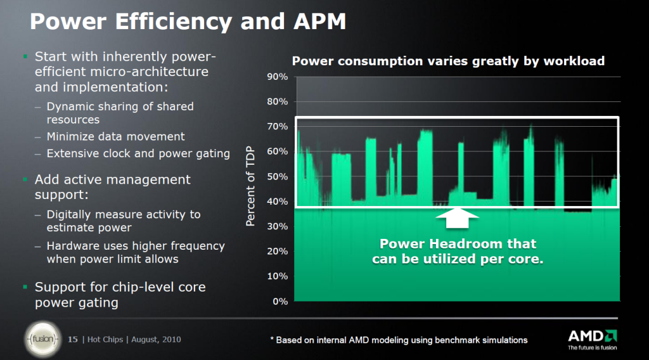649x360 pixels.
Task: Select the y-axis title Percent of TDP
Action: coord(251,186)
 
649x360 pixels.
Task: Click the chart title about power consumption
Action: coord(447,61)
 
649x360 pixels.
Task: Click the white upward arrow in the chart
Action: coord(458,218)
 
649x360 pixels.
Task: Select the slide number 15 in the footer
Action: coord(72,340)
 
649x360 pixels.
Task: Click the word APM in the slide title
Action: coord(311,22)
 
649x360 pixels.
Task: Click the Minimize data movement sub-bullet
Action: coord(115,136)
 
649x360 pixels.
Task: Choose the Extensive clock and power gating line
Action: coord(138,153)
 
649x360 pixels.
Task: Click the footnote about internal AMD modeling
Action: coord(399,340)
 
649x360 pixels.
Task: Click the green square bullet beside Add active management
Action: coord(25,180)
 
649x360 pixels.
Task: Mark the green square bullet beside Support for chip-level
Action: coord(25,287)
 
